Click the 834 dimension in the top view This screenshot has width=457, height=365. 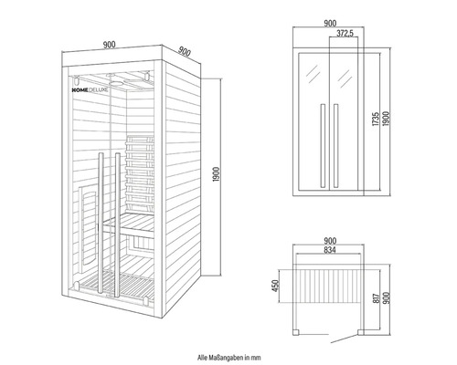pos(335,249)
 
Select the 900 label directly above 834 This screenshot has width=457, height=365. pos(335,239)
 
